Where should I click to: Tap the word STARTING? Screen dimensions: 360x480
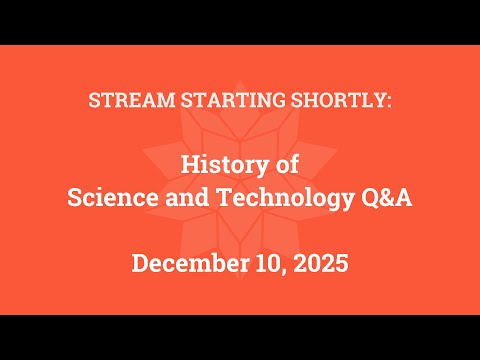coord(212,101)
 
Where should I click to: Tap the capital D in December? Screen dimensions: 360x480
coord(140,265)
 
